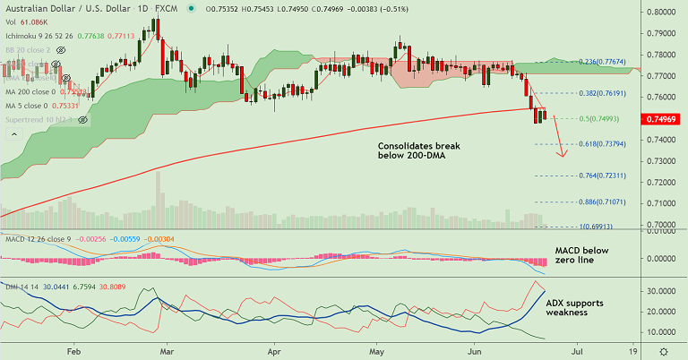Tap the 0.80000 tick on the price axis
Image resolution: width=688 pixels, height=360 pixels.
664,13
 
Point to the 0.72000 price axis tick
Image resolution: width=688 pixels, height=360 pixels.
664,182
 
